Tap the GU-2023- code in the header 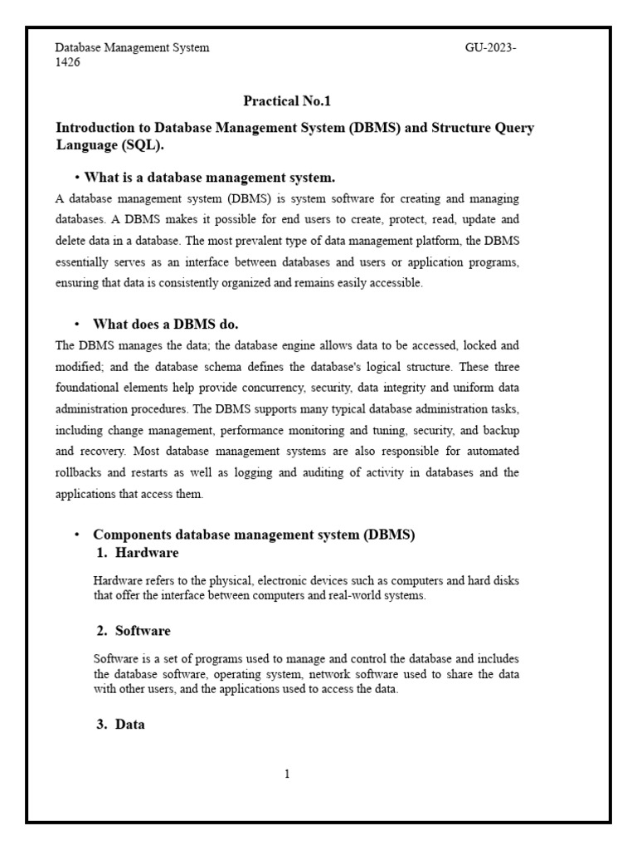pyautogui.click(x=491, y=48)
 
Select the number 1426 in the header pyautogui.click(x=68, y=62)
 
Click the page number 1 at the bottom pyautogui.click(x=287, y=774)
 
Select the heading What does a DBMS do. pyautogui.click(x=166, y=325)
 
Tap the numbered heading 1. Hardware pyautogui.click(x=137, y=553)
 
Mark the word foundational pyautogui.click(x=90, y=388)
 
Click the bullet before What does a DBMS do pyautogui.click(x=76, y=325)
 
